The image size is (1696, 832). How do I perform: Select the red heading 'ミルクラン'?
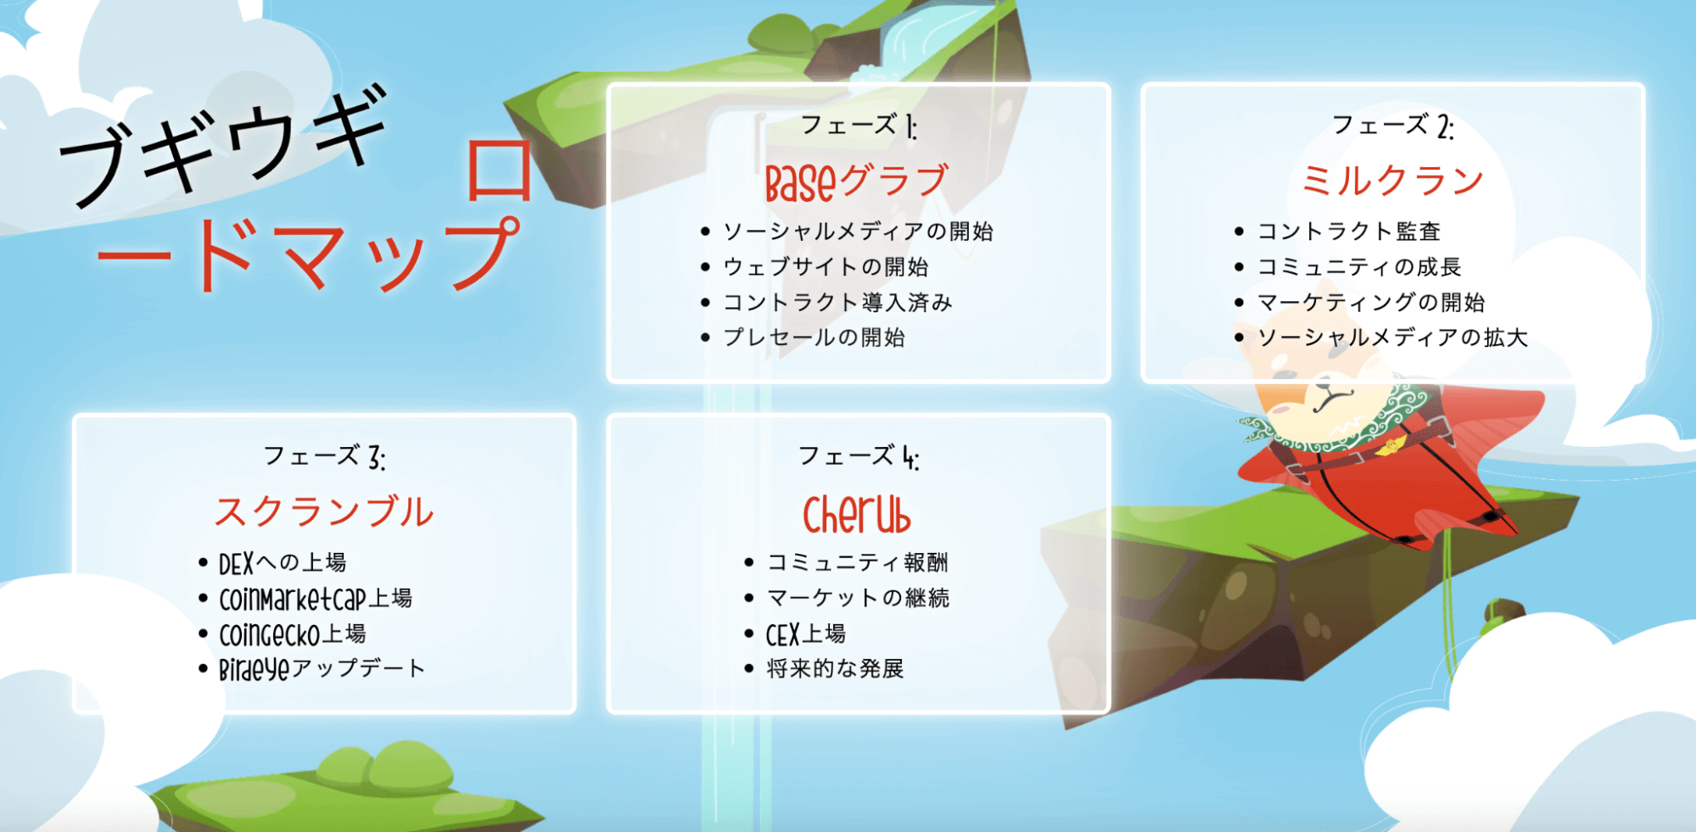[1392, 181]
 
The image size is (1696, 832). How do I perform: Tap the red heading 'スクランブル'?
[324, 512]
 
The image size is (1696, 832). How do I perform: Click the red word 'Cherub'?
[857, 514]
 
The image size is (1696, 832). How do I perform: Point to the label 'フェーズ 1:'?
[859, 126]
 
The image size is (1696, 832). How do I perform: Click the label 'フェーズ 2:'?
[1393, 126]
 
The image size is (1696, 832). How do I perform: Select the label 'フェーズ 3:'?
[324, 457]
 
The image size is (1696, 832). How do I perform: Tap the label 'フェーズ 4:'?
[859, 457]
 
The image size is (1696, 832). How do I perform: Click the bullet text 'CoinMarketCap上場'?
[316, 599]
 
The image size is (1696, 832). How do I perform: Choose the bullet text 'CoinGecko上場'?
[293, 634]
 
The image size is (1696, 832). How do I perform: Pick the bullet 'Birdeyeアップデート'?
[322, 669]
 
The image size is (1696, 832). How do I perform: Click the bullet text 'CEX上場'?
[806, 634]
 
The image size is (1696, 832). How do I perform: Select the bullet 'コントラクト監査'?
[1349, 232]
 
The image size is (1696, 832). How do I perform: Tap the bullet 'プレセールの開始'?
[814, 338]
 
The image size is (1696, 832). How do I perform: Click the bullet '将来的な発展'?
[835, 669]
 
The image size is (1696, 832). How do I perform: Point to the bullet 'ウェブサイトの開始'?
[826, 267]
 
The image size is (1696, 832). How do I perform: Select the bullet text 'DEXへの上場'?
[283, 563]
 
